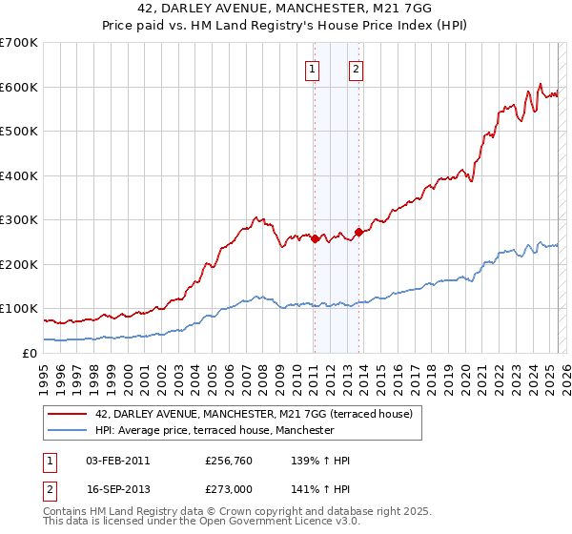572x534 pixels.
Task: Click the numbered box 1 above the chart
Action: pos(313,68)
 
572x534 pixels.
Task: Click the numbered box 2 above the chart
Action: pos(356,68)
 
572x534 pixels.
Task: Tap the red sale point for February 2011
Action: pos(315,238)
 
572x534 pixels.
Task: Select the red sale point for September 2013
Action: pos(358,232)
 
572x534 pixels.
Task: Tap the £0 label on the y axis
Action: pos(29,353)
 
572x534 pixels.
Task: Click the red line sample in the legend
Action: pos(68,414)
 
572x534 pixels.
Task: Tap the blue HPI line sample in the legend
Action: pos(68,430)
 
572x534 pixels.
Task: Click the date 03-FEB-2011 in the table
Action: pos(118,461)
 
